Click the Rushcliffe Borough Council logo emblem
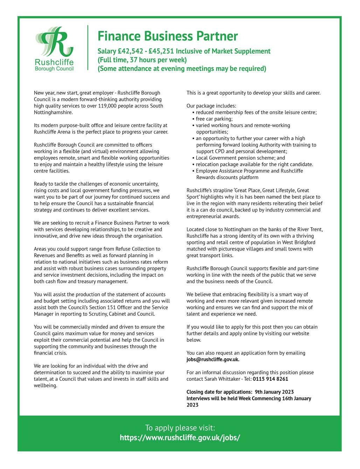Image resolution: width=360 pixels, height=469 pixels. [x=54, y=42]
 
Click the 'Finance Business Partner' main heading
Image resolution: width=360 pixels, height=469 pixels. [x=167, y=36]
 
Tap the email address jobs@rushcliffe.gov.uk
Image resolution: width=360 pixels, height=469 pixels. [x=213, y=359]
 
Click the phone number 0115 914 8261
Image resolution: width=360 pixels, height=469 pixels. [x=270, y=379]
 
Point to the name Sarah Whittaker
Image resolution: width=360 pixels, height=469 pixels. [x=222, y=379]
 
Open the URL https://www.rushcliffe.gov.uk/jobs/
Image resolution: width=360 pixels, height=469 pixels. [x=180, y=437]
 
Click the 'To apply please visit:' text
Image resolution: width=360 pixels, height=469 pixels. [x=180, y=428]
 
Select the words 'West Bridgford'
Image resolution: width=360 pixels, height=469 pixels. [x=298, y=242]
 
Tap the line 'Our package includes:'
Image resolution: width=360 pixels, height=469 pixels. [x=211, y=106]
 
